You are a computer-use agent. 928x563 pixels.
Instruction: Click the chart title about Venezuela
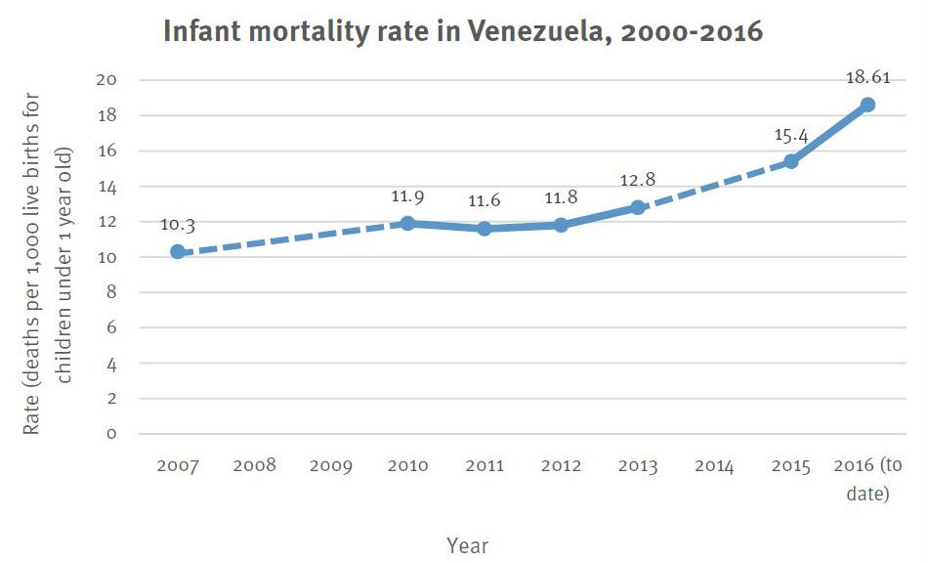pos(462,32)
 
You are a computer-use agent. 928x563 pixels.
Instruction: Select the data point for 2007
pos(177,251)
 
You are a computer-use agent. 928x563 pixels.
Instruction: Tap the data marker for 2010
pos(407,223)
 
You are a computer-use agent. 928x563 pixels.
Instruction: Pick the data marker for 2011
pos(484,228)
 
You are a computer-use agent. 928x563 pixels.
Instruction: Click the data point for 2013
pos(637,207)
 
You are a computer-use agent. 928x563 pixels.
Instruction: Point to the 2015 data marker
pos(791,161)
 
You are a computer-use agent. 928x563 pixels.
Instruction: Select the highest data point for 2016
pos(867,105)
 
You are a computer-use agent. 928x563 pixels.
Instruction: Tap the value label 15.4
pos(791,134)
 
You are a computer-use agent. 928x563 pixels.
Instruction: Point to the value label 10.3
pos(177,225)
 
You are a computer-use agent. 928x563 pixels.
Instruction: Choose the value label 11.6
pos(484,199)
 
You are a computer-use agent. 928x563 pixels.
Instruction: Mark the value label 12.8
pos(637,180)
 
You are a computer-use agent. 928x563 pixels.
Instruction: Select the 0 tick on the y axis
pos(111,434)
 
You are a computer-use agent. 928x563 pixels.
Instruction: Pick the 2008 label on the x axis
pos(254,466)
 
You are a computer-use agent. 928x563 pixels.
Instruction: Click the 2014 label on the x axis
pos(714,466)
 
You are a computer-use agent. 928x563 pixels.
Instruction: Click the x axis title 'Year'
pos(467,544)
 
